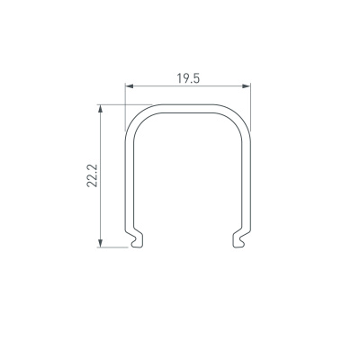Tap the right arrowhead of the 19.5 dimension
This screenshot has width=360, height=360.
point(247,87)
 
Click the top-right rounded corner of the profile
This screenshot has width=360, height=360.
point(241,116)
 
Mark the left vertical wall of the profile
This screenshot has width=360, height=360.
point(126,180)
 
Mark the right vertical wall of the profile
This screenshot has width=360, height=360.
point(248,180)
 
